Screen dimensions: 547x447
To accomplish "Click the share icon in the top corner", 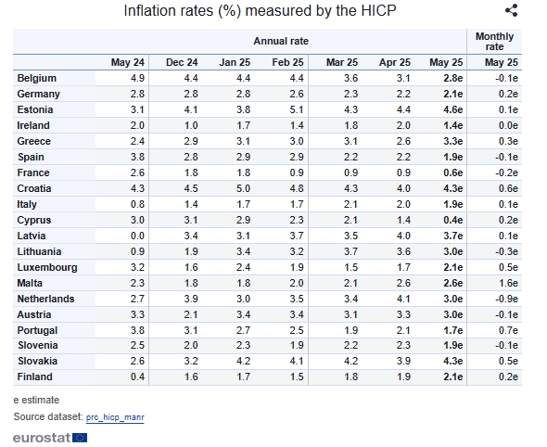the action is pyautogui.click(x=512, y=10).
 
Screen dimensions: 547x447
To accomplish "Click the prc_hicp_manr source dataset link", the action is pyautogui.click(x=115, y=417).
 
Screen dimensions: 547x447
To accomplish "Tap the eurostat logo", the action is pyautogui.click(x=50, y=438).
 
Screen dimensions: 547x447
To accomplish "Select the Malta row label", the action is pyautogui.click(x=30, y=283).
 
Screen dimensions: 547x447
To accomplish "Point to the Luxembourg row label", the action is pyautogui.click(x=47, y=267).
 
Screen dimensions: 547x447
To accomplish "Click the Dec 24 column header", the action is pyautogui.click(x=182, y=62).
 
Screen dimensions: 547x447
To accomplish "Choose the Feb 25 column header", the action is pyautogui.click(x=287, y=62).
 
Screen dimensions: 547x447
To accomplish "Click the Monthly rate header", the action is pyautogui.click(x=495, y=42).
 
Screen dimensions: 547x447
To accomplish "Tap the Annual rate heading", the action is pyautogui.click(x=281, y=41).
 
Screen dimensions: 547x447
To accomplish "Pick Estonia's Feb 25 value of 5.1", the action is pyautogui.click(x=297, y=110).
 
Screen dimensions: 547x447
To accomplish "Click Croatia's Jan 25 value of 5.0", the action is pyautogui.click(x=243, y=189).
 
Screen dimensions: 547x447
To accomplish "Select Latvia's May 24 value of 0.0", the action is pyautogui.click(x=137, y=236).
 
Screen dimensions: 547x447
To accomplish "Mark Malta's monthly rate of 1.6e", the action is pyautogui.click(x=508, y=283).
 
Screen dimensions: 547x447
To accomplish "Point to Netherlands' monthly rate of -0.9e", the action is pyautogui.click(x=506, y=299).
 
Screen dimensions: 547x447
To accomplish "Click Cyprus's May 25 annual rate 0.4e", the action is pyautogui.click(x=453, y=220).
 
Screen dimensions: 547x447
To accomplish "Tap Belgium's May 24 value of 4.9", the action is pyautogui.click(x=137, y=78).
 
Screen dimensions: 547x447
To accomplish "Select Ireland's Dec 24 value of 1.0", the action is pyautogui.click(x=191, y=125).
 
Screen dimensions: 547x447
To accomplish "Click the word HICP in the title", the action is pyautogui.click(x=378, y=11).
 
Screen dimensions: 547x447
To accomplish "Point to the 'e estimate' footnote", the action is pyautogui.click(x=36, y=400).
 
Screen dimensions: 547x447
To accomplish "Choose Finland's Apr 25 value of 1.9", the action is pyautogui.click(x=403, y=377).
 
